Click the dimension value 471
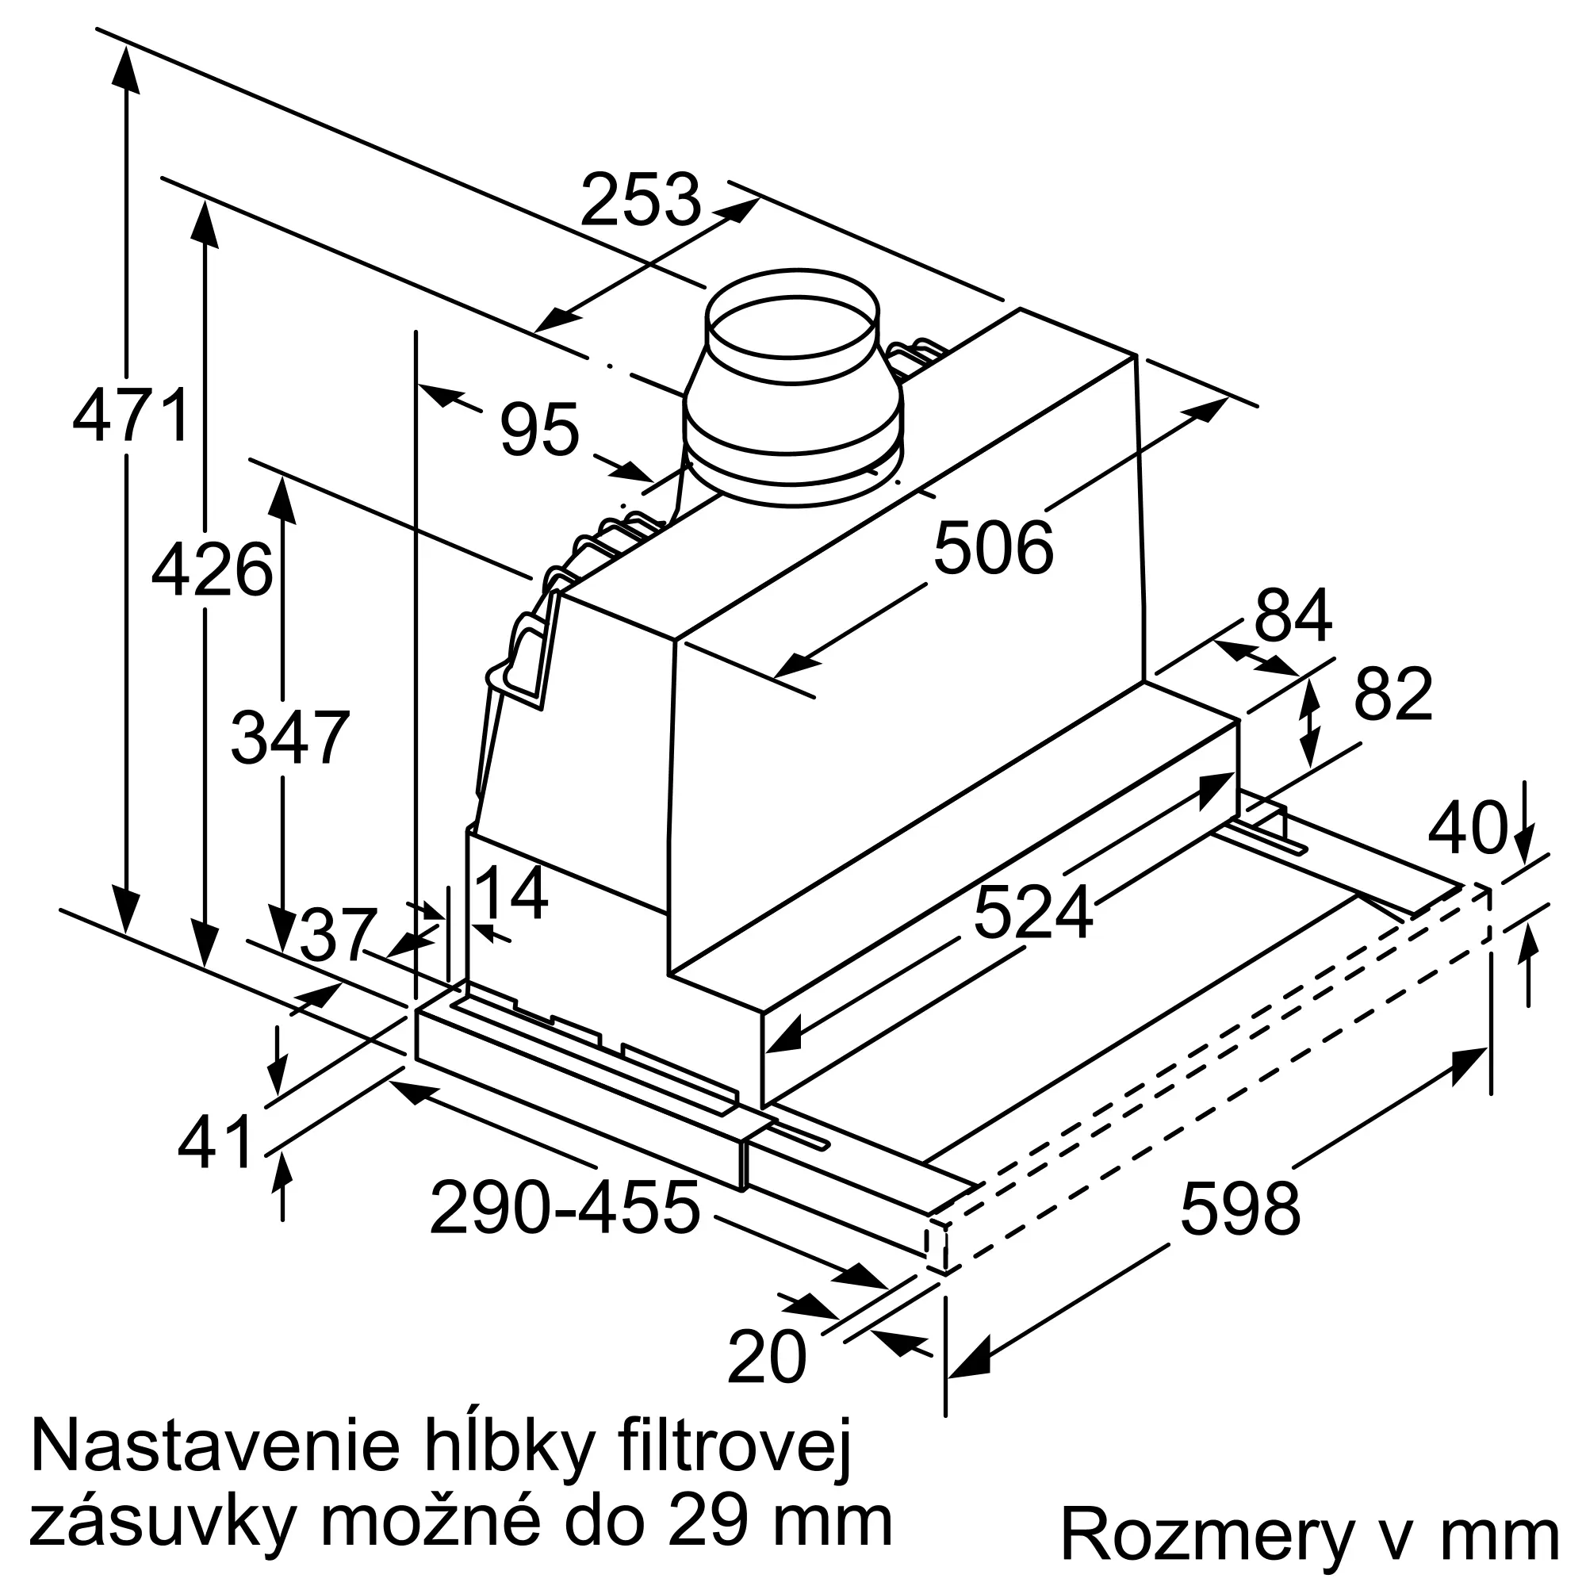pos(132,416)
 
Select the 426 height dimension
pos(212,569)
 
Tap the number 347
pos(290,738)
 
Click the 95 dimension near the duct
pos(539,429)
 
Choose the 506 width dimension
pos(994,547)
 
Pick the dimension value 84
pos(1293,615)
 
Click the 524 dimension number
pos(1033,912)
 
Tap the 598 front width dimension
pos(1240,1208)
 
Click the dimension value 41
pos(215,1142)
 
